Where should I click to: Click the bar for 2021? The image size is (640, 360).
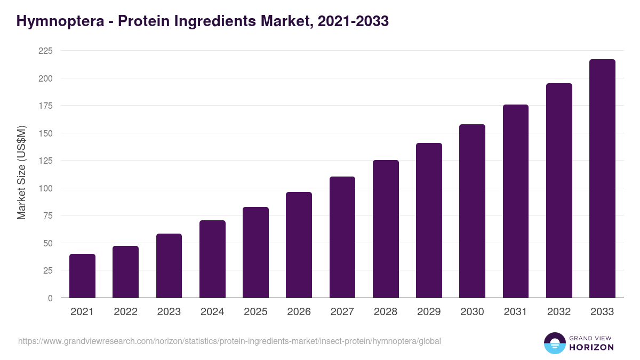(x=82, y=276)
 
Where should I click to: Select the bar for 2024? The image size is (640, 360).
(x=212, y=259)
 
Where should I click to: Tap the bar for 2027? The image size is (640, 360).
(x=342, y=237)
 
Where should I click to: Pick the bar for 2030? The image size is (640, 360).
(x=472, y=211)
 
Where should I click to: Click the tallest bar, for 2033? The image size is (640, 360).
(x=602, y=179)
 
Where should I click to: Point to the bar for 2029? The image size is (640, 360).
(x=429, y=220)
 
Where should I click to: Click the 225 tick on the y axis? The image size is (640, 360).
(x=45, y=51)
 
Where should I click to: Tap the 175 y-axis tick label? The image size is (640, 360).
(x=45, y=106)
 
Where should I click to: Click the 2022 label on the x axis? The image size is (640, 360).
(x=125, y=312)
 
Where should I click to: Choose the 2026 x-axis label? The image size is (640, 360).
(x=299, y=312)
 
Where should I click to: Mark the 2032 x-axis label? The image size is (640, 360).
(x=559, y=312)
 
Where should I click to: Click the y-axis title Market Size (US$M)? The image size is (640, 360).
(x=22, y=173)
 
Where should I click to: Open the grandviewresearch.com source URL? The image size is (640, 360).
(x=229, y=341)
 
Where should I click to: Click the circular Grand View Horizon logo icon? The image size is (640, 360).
(x=555, y=343)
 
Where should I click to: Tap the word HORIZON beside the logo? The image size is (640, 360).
(x=591, y=347)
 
